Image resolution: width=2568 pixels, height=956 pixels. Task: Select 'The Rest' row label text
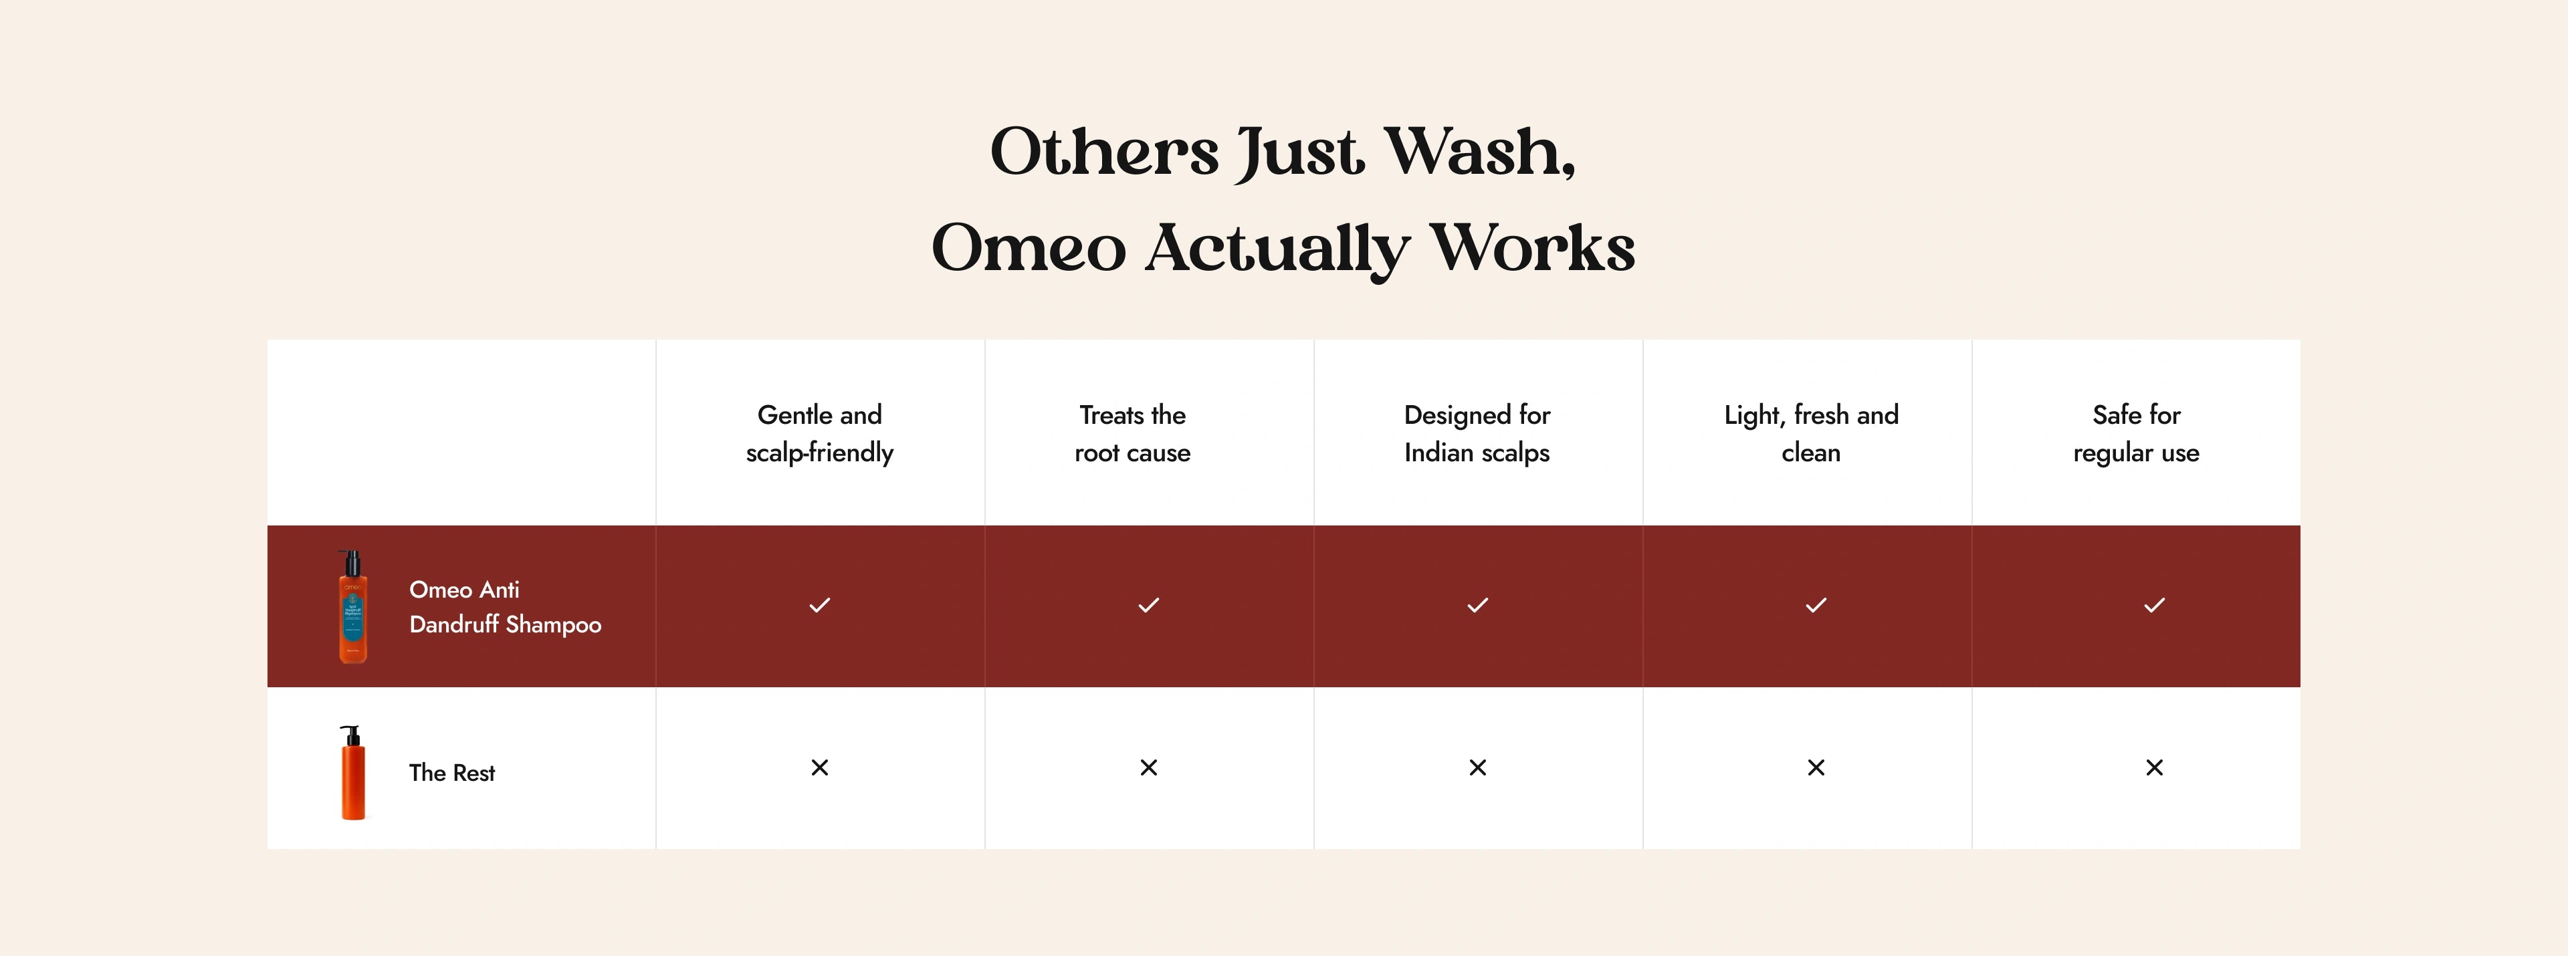click(451, 773)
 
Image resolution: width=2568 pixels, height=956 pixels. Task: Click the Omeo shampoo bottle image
click(353, 606)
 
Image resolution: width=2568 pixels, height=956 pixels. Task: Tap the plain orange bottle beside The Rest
click(353, 773)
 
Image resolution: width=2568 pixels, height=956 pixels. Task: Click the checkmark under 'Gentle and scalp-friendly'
click(819, 605)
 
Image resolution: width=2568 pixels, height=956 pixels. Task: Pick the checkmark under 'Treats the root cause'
click(1148, 605)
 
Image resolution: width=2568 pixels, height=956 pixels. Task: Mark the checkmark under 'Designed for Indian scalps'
click(1477, 605)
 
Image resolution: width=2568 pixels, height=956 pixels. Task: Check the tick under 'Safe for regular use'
click(2154, 605)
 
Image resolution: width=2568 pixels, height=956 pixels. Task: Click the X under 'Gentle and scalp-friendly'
click(819, 767)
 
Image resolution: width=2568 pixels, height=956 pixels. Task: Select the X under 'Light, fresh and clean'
click(1816, 767)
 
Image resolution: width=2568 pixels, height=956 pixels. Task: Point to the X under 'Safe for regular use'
click(2154, 767)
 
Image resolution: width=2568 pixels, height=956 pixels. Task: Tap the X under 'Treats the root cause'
click(1148, 767)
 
